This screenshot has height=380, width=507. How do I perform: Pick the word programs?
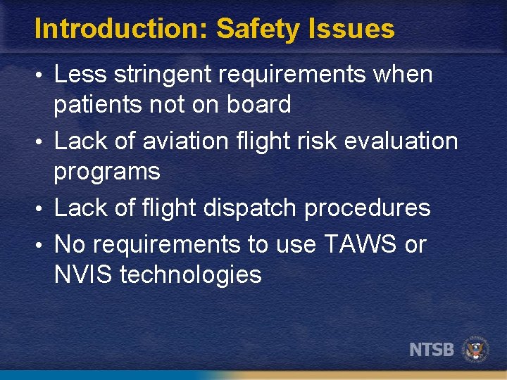pyautogui.click(x=107, y=171)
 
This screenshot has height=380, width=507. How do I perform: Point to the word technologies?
pyautogui.click(x=191, y=274)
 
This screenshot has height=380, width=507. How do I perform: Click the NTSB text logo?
pyautogui.click(x=432, y=349)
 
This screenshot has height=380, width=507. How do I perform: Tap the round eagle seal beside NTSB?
pyautogui.click(x=476, y=349)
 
